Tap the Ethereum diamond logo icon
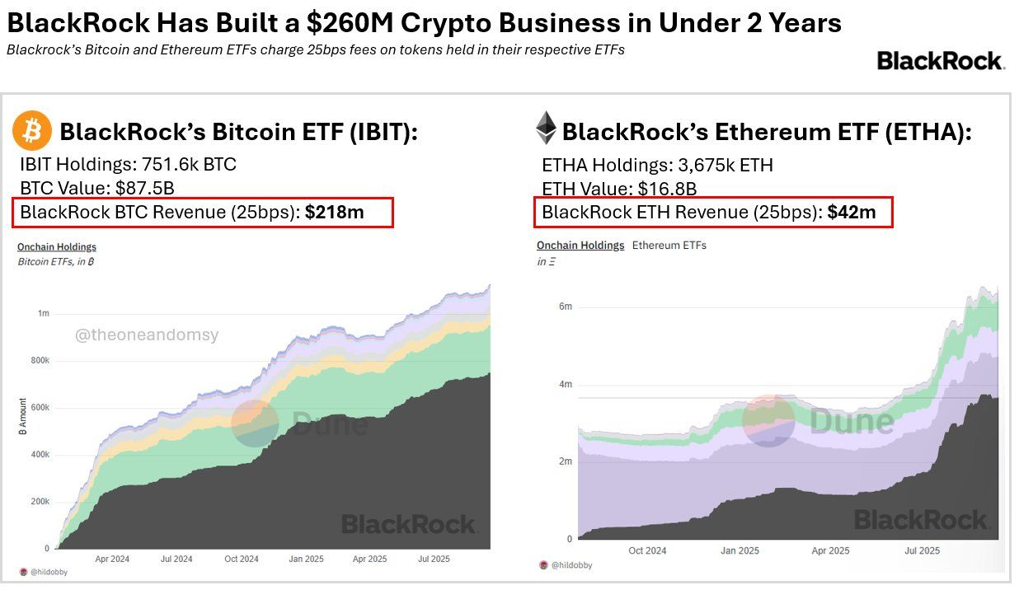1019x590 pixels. coord(546,129)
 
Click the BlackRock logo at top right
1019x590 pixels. coord(939,61)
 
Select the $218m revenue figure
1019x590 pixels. coord(334,212)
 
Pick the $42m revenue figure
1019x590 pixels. coord(852,212)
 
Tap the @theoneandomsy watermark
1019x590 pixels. coord(147,335)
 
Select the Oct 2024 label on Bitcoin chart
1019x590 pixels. coord(242,559)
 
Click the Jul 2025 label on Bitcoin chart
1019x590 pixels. coord(434,559)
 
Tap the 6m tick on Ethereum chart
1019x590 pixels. coord(565,307)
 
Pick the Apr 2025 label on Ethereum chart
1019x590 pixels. coord(830,550)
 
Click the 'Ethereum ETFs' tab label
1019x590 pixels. coord(669,245)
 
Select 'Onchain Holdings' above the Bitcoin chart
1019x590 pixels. coord(57,246)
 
